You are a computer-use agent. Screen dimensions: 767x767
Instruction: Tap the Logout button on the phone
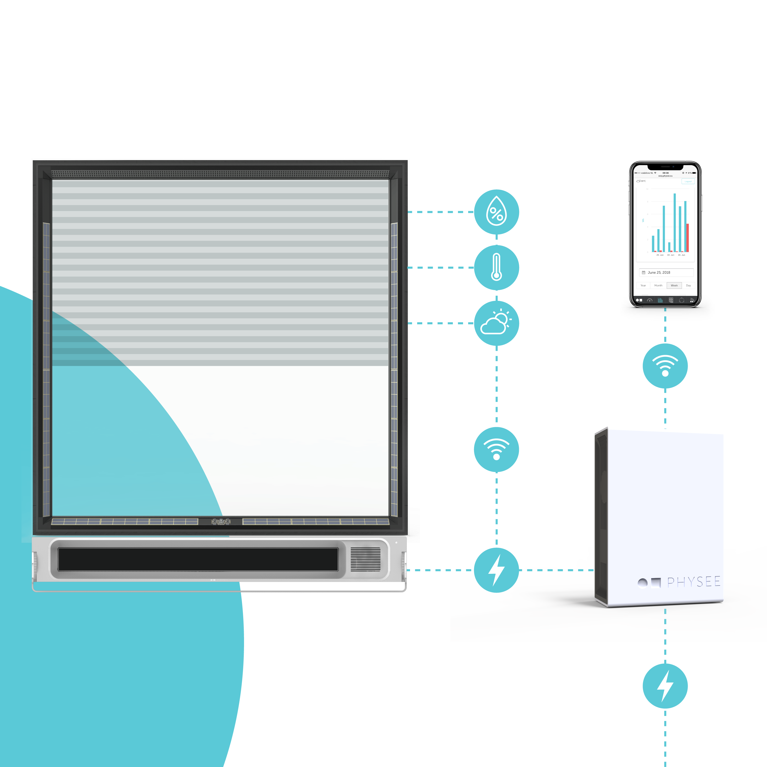(688, 181)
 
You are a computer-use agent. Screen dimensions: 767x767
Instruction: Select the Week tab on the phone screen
(674, 285)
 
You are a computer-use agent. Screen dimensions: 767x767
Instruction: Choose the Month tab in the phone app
(658, 285)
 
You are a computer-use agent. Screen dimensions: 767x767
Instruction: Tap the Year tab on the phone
(643, 285)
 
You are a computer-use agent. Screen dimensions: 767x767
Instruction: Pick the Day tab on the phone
(688, 285)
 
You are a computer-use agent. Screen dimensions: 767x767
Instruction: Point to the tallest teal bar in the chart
(674, 222)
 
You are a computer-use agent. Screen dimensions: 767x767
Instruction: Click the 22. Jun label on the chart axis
(670, 255)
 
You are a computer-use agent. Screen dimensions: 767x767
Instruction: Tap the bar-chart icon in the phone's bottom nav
(660, 300)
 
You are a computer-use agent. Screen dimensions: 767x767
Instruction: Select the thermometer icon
(496, 267)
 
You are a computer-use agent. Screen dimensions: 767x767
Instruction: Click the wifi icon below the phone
(665, 366)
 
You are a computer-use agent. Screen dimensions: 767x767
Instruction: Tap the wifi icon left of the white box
(496, 449)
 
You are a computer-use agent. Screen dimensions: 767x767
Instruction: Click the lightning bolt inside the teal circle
(496, 570)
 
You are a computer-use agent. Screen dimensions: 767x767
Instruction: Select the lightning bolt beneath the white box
(665, 686)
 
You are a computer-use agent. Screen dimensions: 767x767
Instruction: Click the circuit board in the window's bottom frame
(221, 522)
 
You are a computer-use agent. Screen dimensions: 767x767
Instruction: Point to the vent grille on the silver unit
(365, 559)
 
